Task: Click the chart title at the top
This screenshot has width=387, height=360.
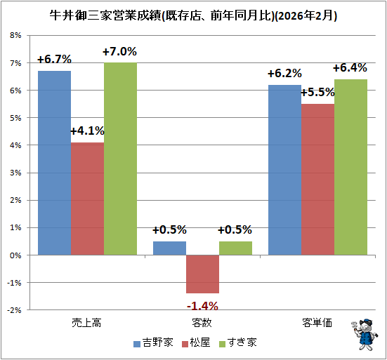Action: pos(193,15)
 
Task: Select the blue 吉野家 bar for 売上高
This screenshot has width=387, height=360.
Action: pos(54,161)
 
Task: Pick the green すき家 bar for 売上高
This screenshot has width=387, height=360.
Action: pos(120,158)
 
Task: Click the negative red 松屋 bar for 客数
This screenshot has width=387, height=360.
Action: pos(202,274)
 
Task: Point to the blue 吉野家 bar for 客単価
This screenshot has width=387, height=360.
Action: pos(284,169)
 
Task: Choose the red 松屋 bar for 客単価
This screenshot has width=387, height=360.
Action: pos(317,179)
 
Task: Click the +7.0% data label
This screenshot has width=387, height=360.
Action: pos(119,52)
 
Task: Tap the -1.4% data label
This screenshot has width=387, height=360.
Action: pos(202,305)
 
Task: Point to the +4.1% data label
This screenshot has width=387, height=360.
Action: pos(87,131)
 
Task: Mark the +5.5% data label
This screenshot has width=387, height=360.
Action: pos(317,92)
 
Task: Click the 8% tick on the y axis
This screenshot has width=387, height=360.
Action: pos(15,35)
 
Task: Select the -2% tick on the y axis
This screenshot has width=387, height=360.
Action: pos(14,310)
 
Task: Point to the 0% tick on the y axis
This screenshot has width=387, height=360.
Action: pos(15,255)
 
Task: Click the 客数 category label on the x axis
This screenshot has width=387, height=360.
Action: pos(202,323)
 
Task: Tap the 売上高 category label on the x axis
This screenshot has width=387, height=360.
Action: pos(87,323)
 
